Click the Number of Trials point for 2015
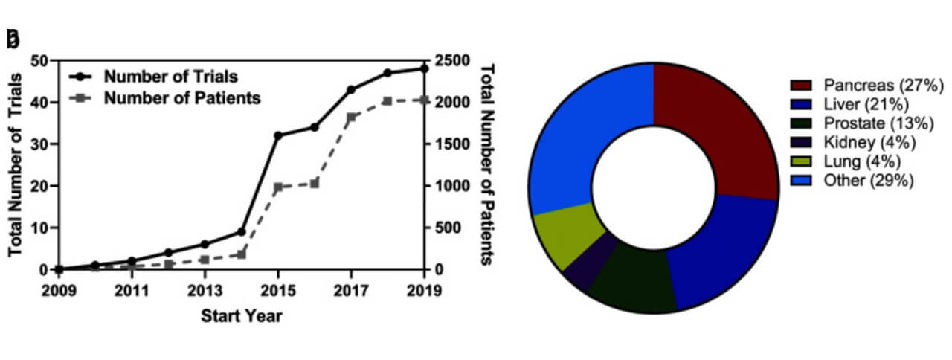pos(277,135)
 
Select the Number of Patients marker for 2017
pos(351,117)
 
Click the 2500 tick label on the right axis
pos(453,60)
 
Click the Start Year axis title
pos(242,316)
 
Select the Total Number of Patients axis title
pos(487,164)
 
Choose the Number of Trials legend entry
pos(171,76)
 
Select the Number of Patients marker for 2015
pos(277,187)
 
